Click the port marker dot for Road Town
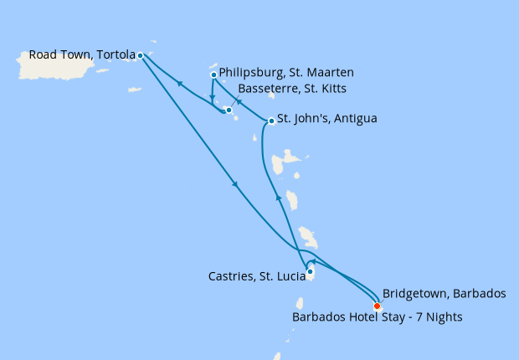tap(140, 56)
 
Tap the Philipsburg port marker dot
tap(213, 75)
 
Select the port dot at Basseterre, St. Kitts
tap(229, 110)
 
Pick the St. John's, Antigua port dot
tap(271, 121)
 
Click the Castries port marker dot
tap(310, 271)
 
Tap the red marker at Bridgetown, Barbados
tap(377, 306)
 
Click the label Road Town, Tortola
tap(82, 55)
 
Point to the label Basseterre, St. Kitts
tap(292, 89)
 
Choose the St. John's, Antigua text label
tap(326, 119)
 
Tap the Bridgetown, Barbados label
tap(444, 294)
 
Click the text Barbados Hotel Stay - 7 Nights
tap(377, 317)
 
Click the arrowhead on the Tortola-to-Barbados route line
tap(235, 185)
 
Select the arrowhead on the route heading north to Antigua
tap(279, 198)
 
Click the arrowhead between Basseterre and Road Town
tap(178, 83)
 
